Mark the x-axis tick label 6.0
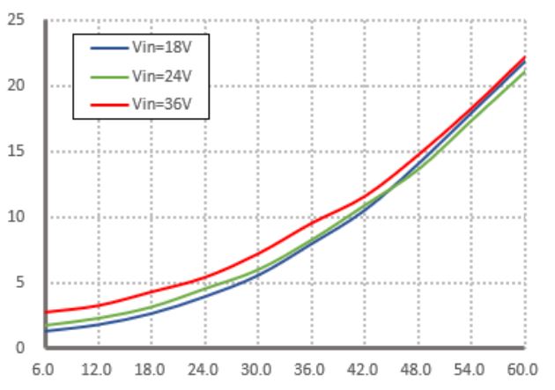43,371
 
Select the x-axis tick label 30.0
257,371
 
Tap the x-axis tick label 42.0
364,371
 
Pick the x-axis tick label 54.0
471,371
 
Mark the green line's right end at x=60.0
525,71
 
